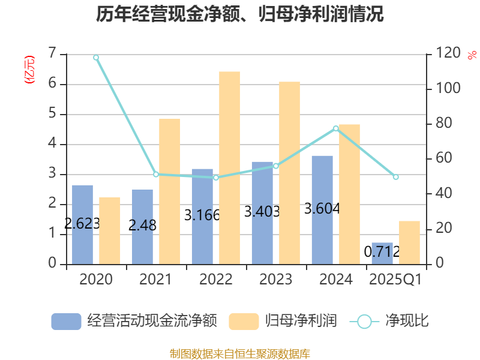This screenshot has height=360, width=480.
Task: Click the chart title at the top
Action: tap(240, 14)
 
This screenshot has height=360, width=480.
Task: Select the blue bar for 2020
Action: tap(82, 224)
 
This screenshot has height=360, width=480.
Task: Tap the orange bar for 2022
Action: tap(229, 167)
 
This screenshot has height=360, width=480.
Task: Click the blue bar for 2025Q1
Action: tap(382, 253)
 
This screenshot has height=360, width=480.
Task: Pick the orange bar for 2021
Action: tap(169, 191)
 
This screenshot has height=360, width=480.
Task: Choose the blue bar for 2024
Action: tap(322, 209)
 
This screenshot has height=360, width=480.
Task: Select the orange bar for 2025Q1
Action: tap(409, 242)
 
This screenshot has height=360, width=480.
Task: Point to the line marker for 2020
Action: tap(96, 58)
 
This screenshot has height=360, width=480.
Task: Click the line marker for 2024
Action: tap(336, 128)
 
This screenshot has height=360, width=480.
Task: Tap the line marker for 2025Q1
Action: tap(396, 177)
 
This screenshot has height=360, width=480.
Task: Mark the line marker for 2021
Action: tap(156, 175)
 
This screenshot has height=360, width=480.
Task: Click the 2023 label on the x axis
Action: tap(276, 280)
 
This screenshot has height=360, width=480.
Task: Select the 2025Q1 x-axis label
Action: tap(395, 280)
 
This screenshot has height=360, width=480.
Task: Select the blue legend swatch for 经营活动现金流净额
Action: tap(66, 322)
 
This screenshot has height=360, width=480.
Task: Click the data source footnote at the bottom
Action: tap(240, 354)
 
